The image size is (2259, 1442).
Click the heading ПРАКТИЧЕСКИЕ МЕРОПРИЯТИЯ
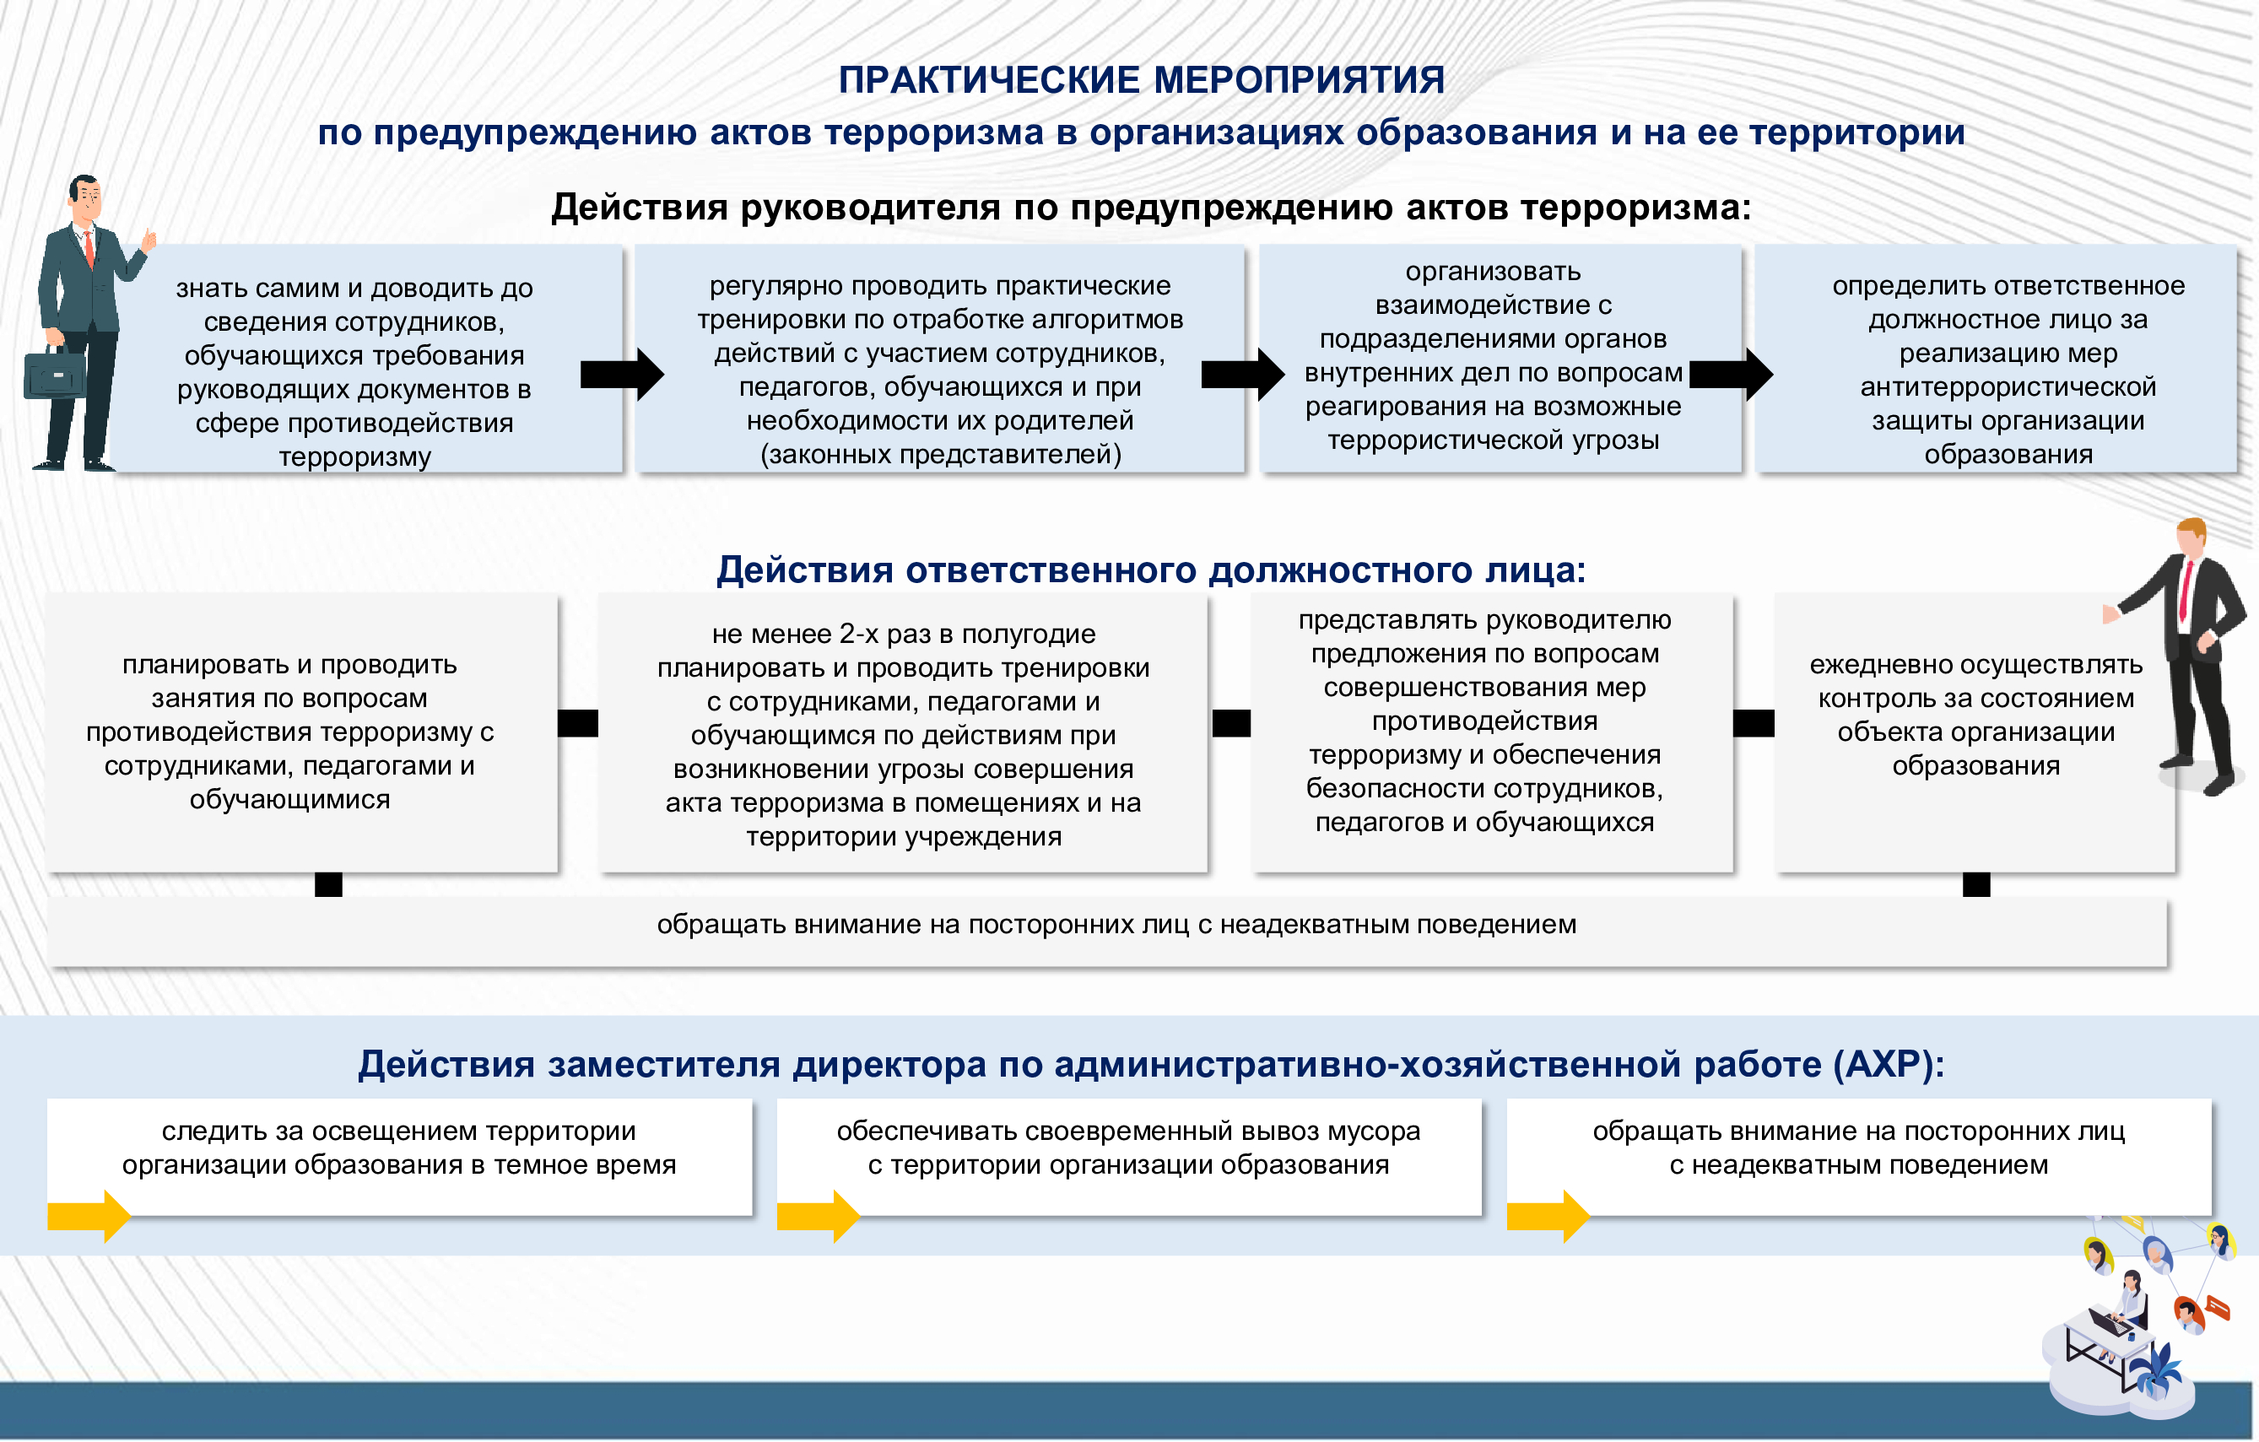(x=1141, y=80)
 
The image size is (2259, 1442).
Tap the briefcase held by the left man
(x=54, y=374)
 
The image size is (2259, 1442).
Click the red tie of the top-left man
(x=89, y=249)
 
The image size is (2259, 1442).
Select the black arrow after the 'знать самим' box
(x=621, y=375)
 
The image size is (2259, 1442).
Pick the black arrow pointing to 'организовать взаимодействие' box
(x=1242, y=375)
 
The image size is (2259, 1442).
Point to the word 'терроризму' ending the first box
(x=354, y=456)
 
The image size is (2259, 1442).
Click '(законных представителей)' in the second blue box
(x=940, y=454)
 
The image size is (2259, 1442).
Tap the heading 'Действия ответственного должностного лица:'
(x=1151, y=570)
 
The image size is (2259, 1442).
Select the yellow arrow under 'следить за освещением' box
(x=89, y=1216)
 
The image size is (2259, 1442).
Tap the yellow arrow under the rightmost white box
(x=1548, y=1216)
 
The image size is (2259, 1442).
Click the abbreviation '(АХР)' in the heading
(x=1889, y=1064)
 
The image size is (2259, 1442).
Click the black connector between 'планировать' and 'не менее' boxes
(x=578, y=723)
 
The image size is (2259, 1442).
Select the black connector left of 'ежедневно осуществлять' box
(x=1754, y=723)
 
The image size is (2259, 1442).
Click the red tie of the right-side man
(x=2185, y=589)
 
